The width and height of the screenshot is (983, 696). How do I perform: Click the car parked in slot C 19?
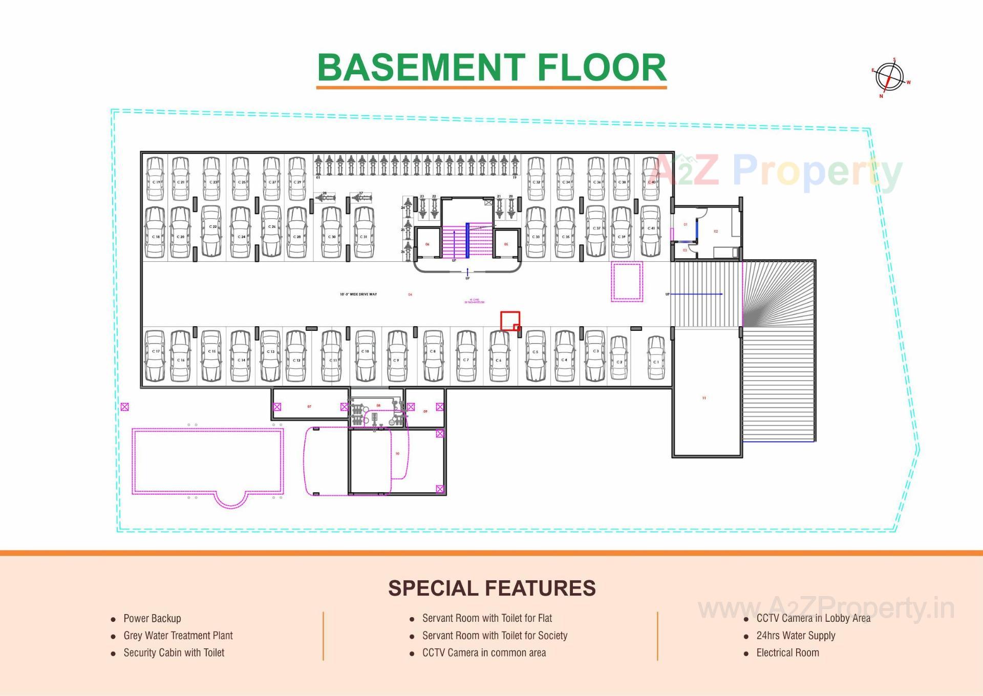point(155,179)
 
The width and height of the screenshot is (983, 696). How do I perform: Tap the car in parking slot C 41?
point(650,231)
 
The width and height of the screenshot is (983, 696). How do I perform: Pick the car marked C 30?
point(331,233)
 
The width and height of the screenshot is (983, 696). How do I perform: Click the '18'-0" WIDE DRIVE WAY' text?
point(358,294)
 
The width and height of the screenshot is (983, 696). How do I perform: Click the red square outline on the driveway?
point(510,321)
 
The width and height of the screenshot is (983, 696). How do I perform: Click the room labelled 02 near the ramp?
point(716,231)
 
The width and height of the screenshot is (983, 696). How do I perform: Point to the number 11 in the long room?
point(704,398)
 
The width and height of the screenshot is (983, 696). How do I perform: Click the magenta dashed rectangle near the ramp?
point(627,281)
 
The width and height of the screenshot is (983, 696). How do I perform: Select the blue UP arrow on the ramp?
point(696,294)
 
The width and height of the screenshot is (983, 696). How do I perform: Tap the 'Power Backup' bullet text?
point(152,618)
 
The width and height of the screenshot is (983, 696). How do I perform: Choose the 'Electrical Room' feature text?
point(787,652)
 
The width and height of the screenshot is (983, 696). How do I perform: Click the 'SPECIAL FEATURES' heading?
point(491,588)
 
